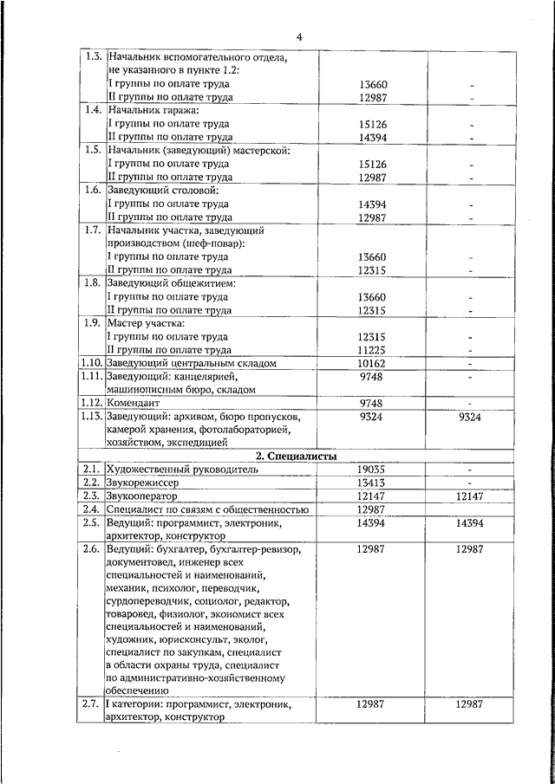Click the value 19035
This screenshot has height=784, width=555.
coord(370,470)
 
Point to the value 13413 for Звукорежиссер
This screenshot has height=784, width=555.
coord(370,483)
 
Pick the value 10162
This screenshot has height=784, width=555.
coord(370,364)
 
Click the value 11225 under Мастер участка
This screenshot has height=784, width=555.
coord(370,350)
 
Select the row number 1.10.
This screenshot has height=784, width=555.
coord(91,364)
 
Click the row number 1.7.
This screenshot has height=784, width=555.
coord(91,230)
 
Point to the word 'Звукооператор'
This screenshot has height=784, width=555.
coord(141,496)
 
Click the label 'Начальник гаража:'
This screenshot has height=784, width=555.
coord(153,111)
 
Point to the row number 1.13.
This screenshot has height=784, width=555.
coord(91,417)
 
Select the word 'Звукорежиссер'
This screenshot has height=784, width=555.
coord(142,483)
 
